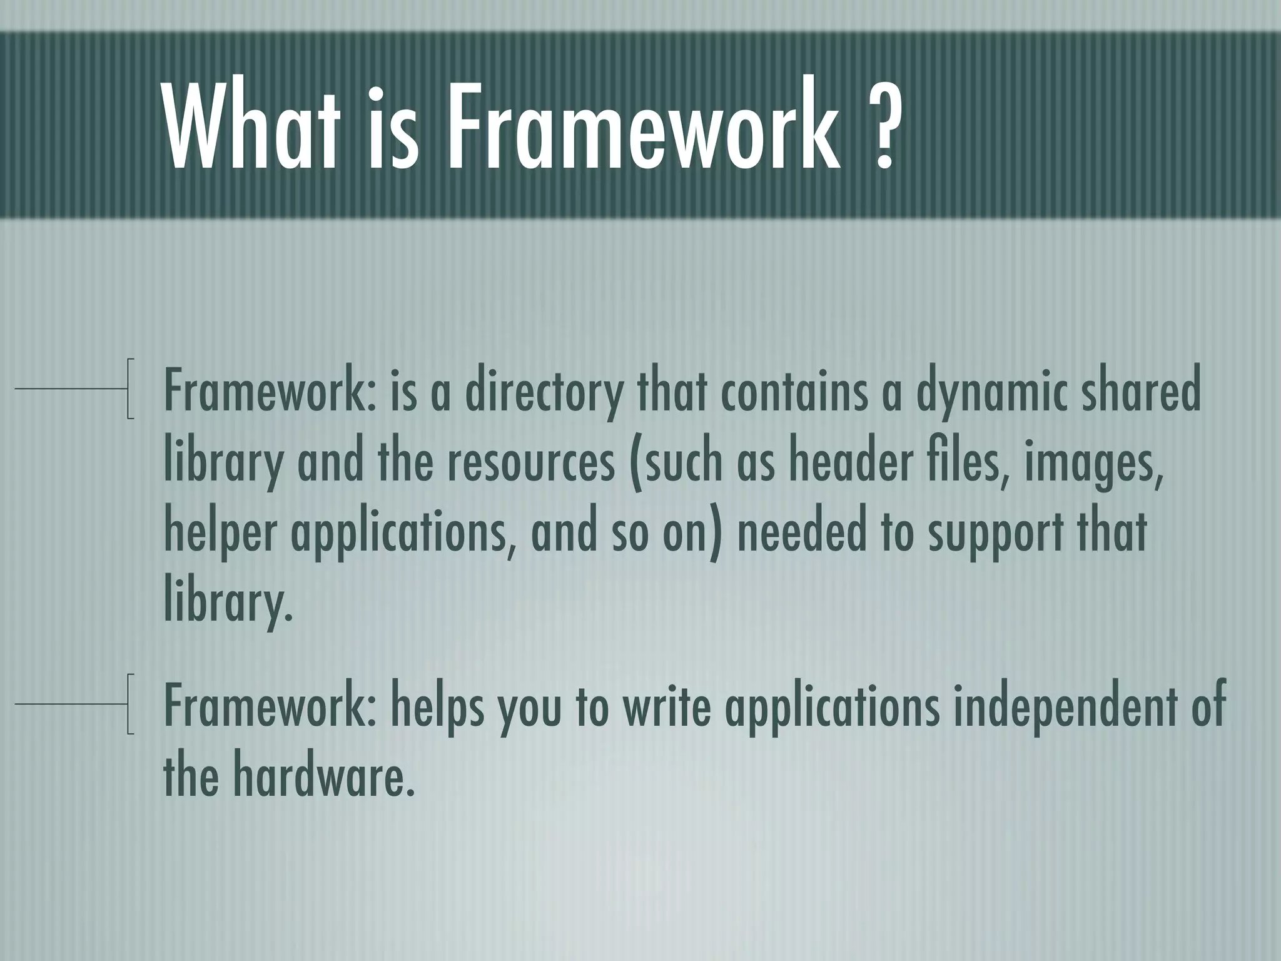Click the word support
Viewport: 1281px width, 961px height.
click(x=995, y=535)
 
